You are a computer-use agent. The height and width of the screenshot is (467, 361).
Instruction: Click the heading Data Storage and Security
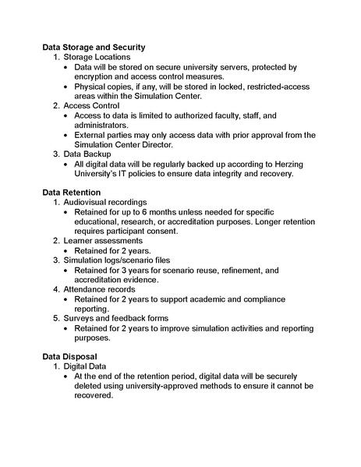point(94,47)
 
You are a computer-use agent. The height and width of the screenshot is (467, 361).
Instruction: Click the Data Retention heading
point(71,192)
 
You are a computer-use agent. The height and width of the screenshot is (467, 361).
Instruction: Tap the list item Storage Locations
point(97,57)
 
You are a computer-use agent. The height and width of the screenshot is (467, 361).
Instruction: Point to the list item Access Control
point(90,105)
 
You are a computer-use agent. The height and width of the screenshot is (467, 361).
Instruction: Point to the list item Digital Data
point(86,366)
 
